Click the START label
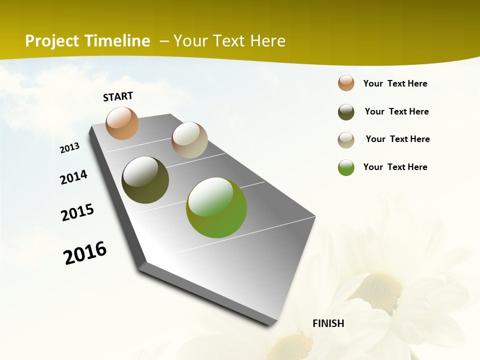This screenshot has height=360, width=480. tap(118, 96)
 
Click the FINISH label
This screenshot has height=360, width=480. tap(328, 323)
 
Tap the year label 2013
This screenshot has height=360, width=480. tap(69, 148)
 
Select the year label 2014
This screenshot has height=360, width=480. tap(73, 177)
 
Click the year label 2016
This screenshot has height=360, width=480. tap(85, 253)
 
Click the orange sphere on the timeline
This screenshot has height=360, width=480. tap(122, 123)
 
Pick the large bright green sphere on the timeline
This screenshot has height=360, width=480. tap(216, 207)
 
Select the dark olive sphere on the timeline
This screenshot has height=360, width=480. tap(145, 180)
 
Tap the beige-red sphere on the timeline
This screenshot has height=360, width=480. tap(189, 140)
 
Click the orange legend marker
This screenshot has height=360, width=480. tap(346, 83)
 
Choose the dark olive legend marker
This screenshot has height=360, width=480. tap(346, 112)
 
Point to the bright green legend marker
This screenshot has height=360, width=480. tap(346, 167)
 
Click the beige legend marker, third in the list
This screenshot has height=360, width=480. tap(346, 140)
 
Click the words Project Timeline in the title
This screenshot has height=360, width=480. tap(87, 41)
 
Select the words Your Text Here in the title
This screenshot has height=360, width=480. tap(229, 41)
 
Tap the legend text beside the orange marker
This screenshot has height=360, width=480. tap(395, 83)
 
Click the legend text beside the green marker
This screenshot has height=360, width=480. tap(395, 167)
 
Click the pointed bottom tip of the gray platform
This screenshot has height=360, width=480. tap(270, 325)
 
